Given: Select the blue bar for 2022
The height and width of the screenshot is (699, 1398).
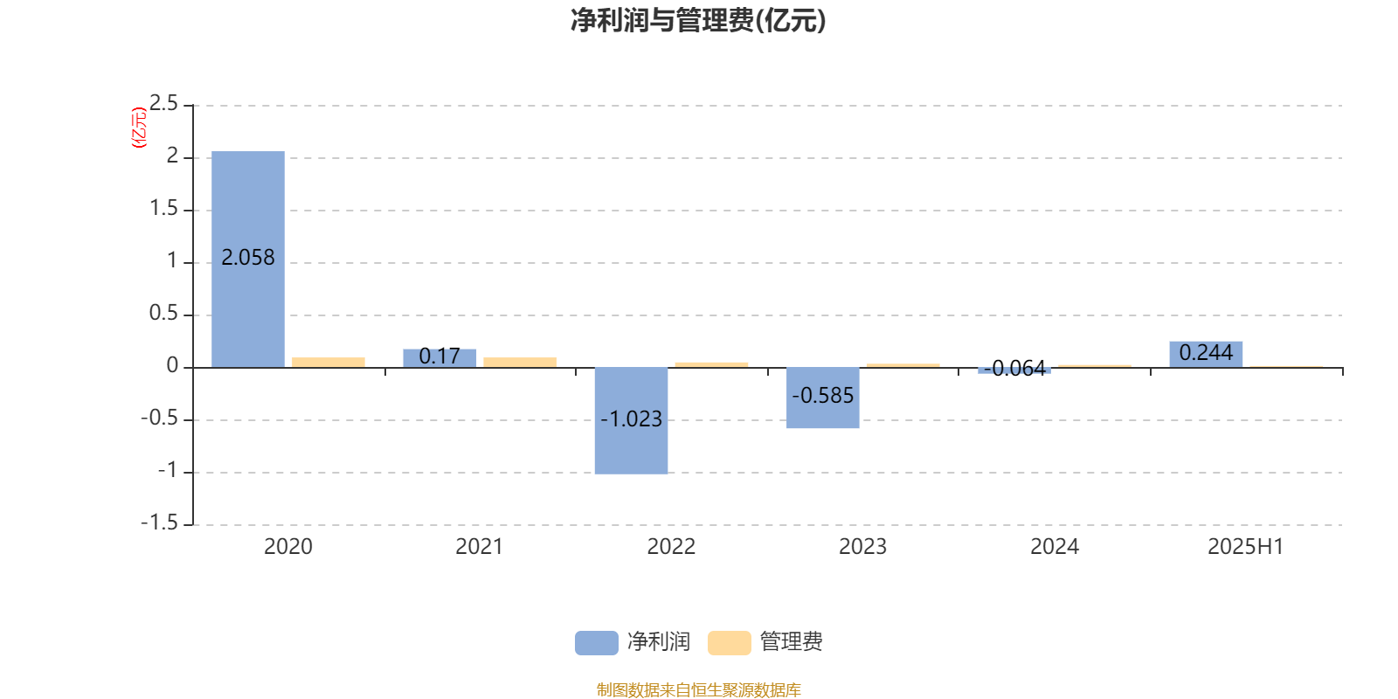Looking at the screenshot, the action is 631,420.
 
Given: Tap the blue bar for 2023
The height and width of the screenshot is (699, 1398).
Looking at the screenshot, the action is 822,398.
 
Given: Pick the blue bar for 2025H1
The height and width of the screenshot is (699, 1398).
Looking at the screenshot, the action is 1206,355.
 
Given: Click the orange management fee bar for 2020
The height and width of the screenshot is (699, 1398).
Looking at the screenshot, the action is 329,363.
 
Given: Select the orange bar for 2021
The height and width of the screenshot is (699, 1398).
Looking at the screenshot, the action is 520,363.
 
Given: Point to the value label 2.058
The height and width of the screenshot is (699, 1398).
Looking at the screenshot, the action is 248,258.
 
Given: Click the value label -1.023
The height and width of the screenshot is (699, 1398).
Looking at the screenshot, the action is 631,419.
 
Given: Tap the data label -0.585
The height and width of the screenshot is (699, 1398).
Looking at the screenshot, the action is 822,396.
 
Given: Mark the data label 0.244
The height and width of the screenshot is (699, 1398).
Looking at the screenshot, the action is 1206,353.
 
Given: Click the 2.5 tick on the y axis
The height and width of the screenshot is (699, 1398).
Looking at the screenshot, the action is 163,103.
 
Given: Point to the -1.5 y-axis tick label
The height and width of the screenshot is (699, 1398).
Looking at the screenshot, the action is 160,523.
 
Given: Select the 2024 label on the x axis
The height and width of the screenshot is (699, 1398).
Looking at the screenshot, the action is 1054,547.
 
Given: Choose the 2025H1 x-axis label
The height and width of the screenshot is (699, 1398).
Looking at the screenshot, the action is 1246,547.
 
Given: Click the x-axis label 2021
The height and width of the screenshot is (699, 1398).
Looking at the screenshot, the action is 480,547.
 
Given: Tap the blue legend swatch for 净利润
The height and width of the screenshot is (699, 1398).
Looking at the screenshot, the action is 597,643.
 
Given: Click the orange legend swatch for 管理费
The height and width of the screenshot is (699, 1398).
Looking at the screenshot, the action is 729,643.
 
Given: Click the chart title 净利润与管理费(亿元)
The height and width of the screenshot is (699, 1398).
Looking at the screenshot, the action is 698,21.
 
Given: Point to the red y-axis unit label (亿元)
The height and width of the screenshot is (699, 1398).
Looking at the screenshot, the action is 139,128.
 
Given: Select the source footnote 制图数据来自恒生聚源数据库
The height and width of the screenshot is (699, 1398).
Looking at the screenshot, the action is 698,689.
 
